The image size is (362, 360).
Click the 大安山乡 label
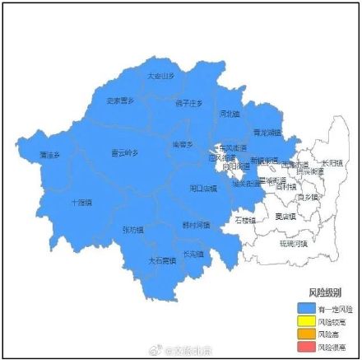(161, 76)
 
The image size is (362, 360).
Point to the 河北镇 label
(230, 113)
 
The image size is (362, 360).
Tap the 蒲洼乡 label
(50, 155)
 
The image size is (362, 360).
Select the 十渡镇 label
(81, 201)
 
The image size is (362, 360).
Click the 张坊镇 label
(132, 230)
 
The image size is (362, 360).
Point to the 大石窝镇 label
(162, 259)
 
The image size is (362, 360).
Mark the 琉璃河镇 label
(293, 244)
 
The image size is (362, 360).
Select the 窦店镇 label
(285, 216)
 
